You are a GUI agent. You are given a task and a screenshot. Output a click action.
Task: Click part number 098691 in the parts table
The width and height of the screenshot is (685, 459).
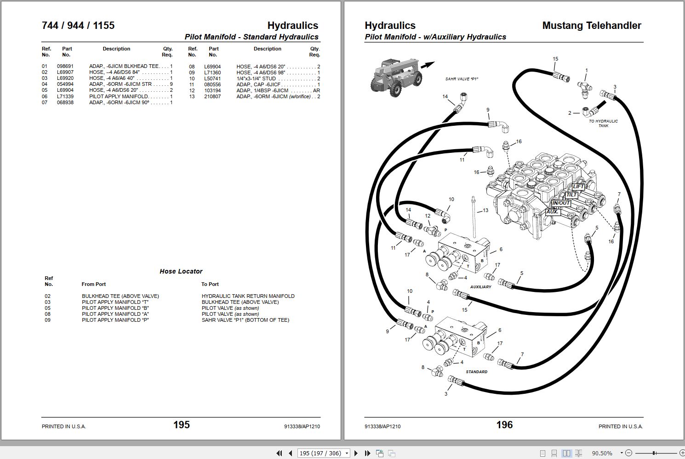[65, 67]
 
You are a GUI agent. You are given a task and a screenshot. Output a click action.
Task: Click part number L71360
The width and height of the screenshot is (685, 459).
[212, 73]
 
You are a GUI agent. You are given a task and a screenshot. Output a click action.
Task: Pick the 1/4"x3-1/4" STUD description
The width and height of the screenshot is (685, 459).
[256, 78]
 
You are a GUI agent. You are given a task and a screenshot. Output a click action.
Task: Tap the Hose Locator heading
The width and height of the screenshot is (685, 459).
[181, 271]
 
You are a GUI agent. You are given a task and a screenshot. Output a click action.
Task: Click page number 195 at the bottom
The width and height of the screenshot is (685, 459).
[181, 425]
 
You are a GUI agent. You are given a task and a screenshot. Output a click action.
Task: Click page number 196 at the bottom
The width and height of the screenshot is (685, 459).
[504, 425]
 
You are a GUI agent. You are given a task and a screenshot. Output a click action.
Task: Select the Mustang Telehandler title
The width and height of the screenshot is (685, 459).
[591, 26]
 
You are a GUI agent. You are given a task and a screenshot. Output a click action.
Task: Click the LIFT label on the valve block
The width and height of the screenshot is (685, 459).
[578, 187]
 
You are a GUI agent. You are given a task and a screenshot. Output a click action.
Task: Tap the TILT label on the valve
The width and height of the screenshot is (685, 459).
[571, 195]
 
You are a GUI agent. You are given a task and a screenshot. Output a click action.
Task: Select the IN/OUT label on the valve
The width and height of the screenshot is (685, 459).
[561, 203]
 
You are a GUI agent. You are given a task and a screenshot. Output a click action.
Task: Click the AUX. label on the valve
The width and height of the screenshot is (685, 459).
[552, 212]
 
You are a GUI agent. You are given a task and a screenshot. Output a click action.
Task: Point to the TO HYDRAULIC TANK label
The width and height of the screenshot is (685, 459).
[603, 123]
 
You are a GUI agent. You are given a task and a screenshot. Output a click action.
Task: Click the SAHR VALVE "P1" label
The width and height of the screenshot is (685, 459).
[462, 79]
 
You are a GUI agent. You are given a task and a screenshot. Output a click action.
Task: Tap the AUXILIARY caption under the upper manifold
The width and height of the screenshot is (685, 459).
[480, 287]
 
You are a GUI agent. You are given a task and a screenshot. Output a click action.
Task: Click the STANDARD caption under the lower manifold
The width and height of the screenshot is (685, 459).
[476, 372]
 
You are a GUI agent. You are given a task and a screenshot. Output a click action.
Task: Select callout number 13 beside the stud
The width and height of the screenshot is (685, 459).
[485, 211]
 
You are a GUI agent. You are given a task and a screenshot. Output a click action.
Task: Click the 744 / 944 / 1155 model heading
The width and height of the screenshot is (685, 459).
[78, 26]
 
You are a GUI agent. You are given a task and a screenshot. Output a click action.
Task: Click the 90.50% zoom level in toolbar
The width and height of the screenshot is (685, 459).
[602, 453]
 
